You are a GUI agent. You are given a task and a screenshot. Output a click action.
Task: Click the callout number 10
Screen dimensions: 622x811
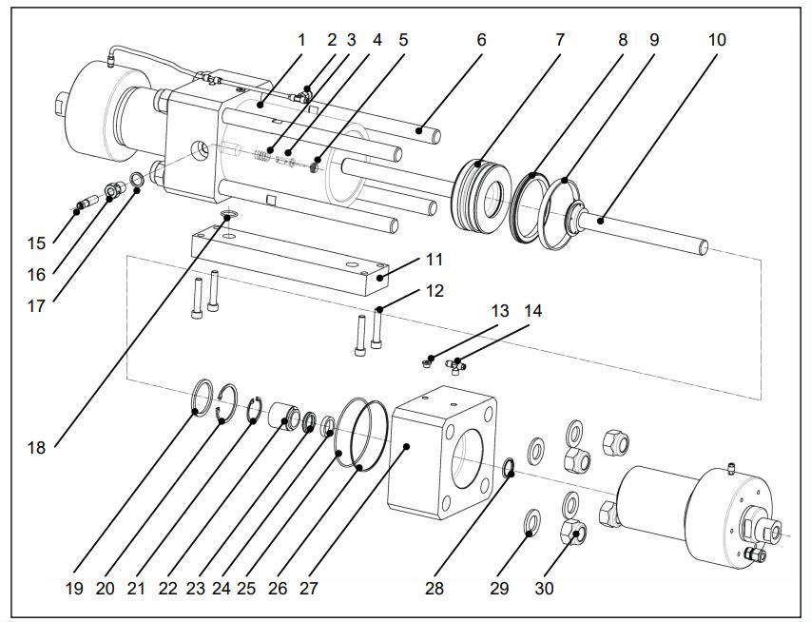coord(717,40)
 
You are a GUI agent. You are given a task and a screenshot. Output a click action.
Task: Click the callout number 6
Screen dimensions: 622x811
coord(481,40)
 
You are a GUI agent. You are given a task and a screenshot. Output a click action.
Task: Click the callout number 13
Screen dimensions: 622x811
coord(500,311)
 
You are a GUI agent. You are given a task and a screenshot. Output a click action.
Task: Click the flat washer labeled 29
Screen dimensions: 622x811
coord(531,521)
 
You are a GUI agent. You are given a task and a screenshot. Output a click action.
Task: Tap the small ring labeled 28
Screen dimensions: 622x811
coord(509,466)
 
